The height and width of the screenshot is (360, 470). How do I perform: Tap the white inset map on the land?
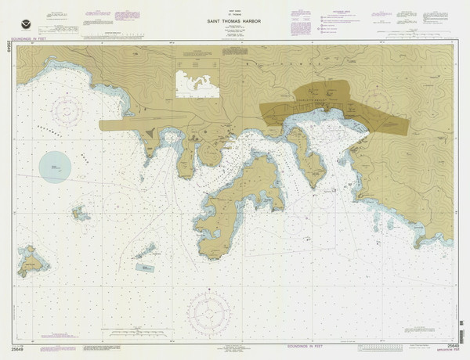(x=197, y=84)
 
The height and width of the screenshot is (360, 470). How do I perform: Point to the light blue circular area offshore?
(x=55, y=167)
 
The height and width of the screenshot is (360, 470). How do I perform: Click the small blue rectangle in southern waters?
(x=145, y=268)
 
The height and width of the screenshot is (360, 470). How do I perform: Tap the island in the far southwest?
(x=32, y=262)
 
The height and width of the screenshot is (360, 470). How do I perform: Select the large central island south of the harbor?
(x=235, y=200)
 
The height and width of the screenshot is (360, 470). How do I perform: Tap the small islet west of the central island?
(x=80, y=212)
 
